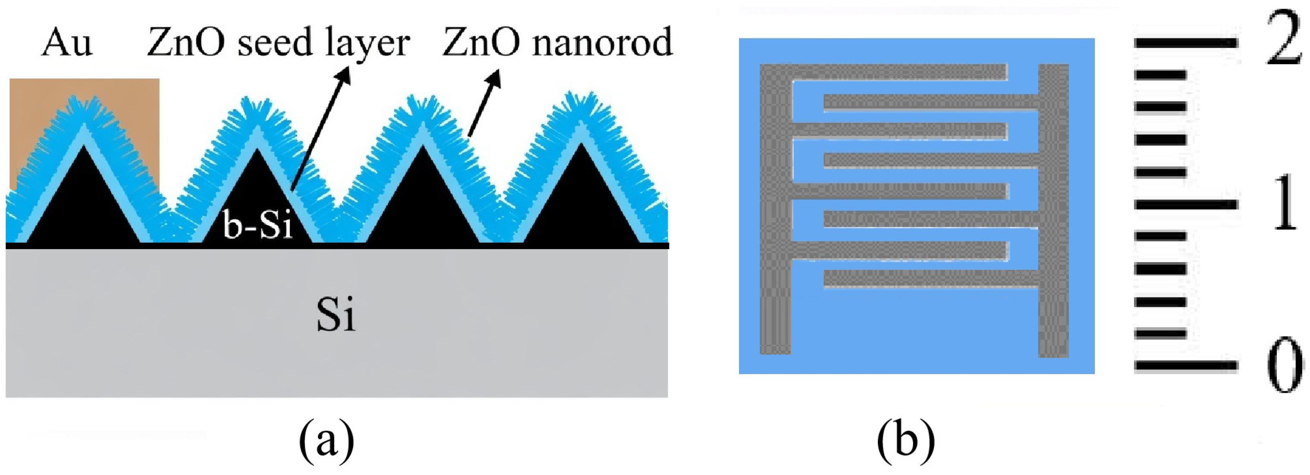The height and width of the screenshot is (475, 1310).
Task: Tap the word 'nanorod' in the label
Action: click(602, 43)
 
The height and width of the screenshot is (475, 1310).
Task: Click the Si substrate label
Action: click(336, 315)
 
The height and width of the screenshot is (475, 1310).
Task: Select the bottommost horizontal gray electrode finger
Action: click(930, 278)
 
